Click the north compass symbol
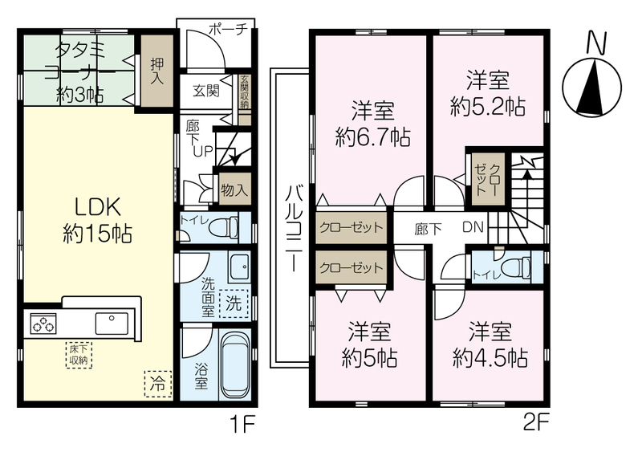pos(592,88)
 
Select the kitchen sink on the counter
pos(112,324)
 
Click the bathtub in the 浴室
pos(235,365)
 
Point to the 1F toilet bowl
pos(228,227)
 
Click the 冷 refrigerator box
pos(157,384)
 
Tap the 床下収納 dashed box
pos(78,355)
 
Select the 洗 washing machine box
pos(234,303)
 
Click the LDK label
pos(98,207)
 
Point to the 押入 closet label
pos(156,71)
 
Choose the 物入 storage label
pos(234,189)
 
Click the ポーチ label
pos(229,29)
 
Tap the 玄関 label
pos(206,91)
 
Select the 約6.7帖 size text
pos(372,137)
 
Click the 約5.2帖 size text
pos(488,107)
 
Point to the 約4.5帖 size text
pos(490,359)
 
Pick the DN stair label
pos(473,227)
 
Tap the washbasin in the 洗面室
pos(238,267)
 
